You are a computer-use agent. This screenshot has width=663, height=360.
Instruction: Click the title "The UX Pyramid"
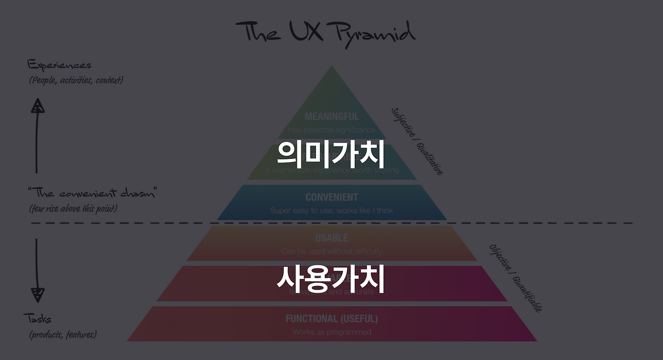pos(325,32)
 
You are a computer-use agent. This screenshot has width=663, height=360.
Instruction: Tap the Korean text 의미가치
pos(330,153)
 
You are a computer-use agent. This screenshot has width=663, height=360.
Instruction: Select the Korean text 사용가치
pos(330,280)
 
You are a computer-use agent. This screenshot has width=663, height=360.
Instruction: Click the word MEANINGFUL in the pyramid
pos(331,117)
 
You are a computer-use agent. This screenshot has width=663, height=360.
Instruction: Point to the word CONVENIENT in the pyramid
pos(331,197)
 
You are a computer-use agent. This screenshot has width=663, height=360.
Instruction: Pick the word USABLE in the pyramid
pos(331,238)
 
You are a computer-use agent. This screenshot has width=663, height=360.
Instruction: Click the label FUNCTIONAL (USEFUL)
pos(331,319)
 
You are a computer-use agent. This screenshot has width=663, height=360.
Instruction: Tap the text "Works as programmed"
pos(331,332)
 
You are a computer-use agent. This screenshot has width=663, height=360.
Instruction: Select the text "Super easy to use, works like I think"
pos(331,210)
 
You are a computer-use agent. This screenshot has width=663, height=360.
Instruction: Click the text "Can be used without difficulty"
pos(331,251)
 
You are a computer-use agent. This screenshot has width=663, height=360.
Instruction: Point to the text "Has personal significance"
pos(331,129)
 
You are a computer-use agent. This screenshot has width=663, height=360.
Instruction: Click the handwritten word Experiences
pos(59,65)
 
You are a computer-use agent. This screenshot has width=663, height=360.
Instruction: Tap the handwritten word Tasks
pos(37,318)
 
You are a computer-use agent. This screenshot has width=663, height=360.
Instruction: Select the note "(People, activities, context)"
pos(76,80)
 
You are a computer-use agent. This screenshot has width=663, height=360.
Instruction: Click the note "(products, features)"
pos(63,335)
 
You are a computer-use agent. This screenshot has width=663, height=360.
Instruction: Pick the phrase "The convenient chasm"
pos(92,194)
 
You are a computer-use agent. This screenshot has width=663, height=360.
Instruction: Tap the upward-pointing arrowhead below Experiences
pos(37,106)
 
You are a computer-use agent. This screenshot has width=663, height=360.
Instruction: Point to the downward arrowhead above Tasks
pos(37,295)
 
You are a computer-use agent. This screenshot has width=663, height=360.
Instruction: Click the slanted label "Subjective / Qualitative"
pos(417,141)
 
